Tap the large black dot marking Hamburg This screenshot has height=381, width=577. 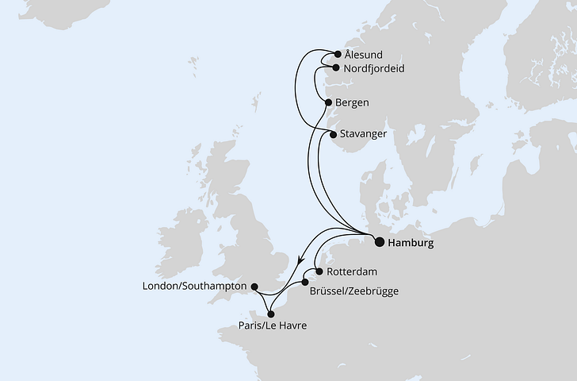379,242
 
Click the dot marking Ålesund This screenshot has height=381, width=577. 337,55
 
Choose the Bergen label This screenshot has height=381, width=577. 353,102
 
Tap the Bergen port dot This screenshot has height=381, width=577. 329,102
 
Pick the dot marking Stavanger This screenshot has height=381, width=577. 333,134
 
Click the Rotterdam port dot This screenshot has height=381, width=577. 319,271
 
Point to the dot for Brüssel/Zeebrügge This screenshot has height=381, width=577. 305,282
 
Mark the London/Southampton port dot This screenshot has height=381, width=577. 254,287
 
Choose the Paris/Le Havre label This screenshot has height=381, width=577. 272,326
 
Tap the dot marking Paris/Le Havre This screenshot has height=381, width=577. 271,314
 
